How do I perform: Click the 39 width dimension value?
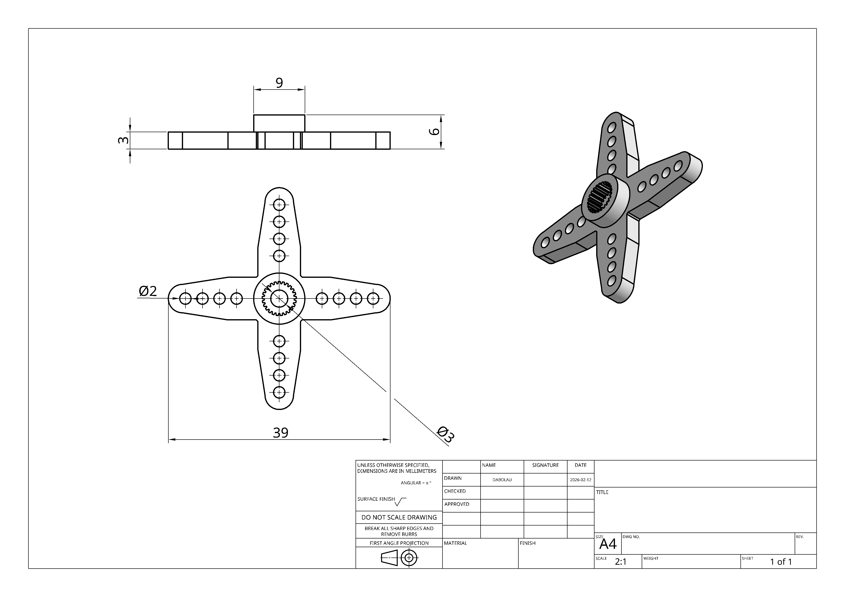(x=280, y=433)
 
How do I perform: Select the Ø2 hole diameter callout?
(x=148, y=291)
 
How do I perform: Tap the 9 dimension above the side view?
(x=279, y=83)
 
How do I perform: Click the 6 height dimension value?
(x=435, y=131)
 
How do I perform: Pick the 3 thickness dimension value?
(x=124, y=140)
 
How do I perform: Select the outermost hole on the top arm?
(x=279, y=205)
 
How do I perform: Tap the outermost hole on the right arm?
(x=373, y=298)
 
